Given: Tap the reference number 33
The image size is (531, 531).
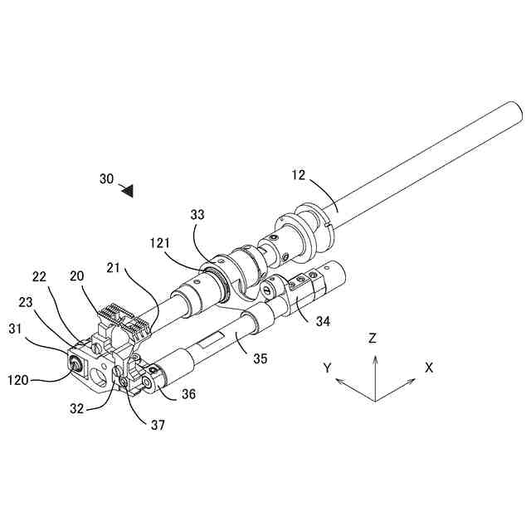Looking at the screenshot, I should coord(197,214).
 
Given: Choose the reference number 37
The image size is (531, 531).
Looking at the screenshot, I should coord(158,425).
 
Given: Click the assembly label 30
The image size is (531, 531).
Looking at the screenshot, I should coord(106,178).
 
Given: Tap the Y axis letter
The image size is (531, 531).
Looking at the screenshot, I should coord(328,367).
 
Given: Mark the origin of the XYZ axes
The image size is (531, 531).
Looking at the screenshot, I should coord(375,401).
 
